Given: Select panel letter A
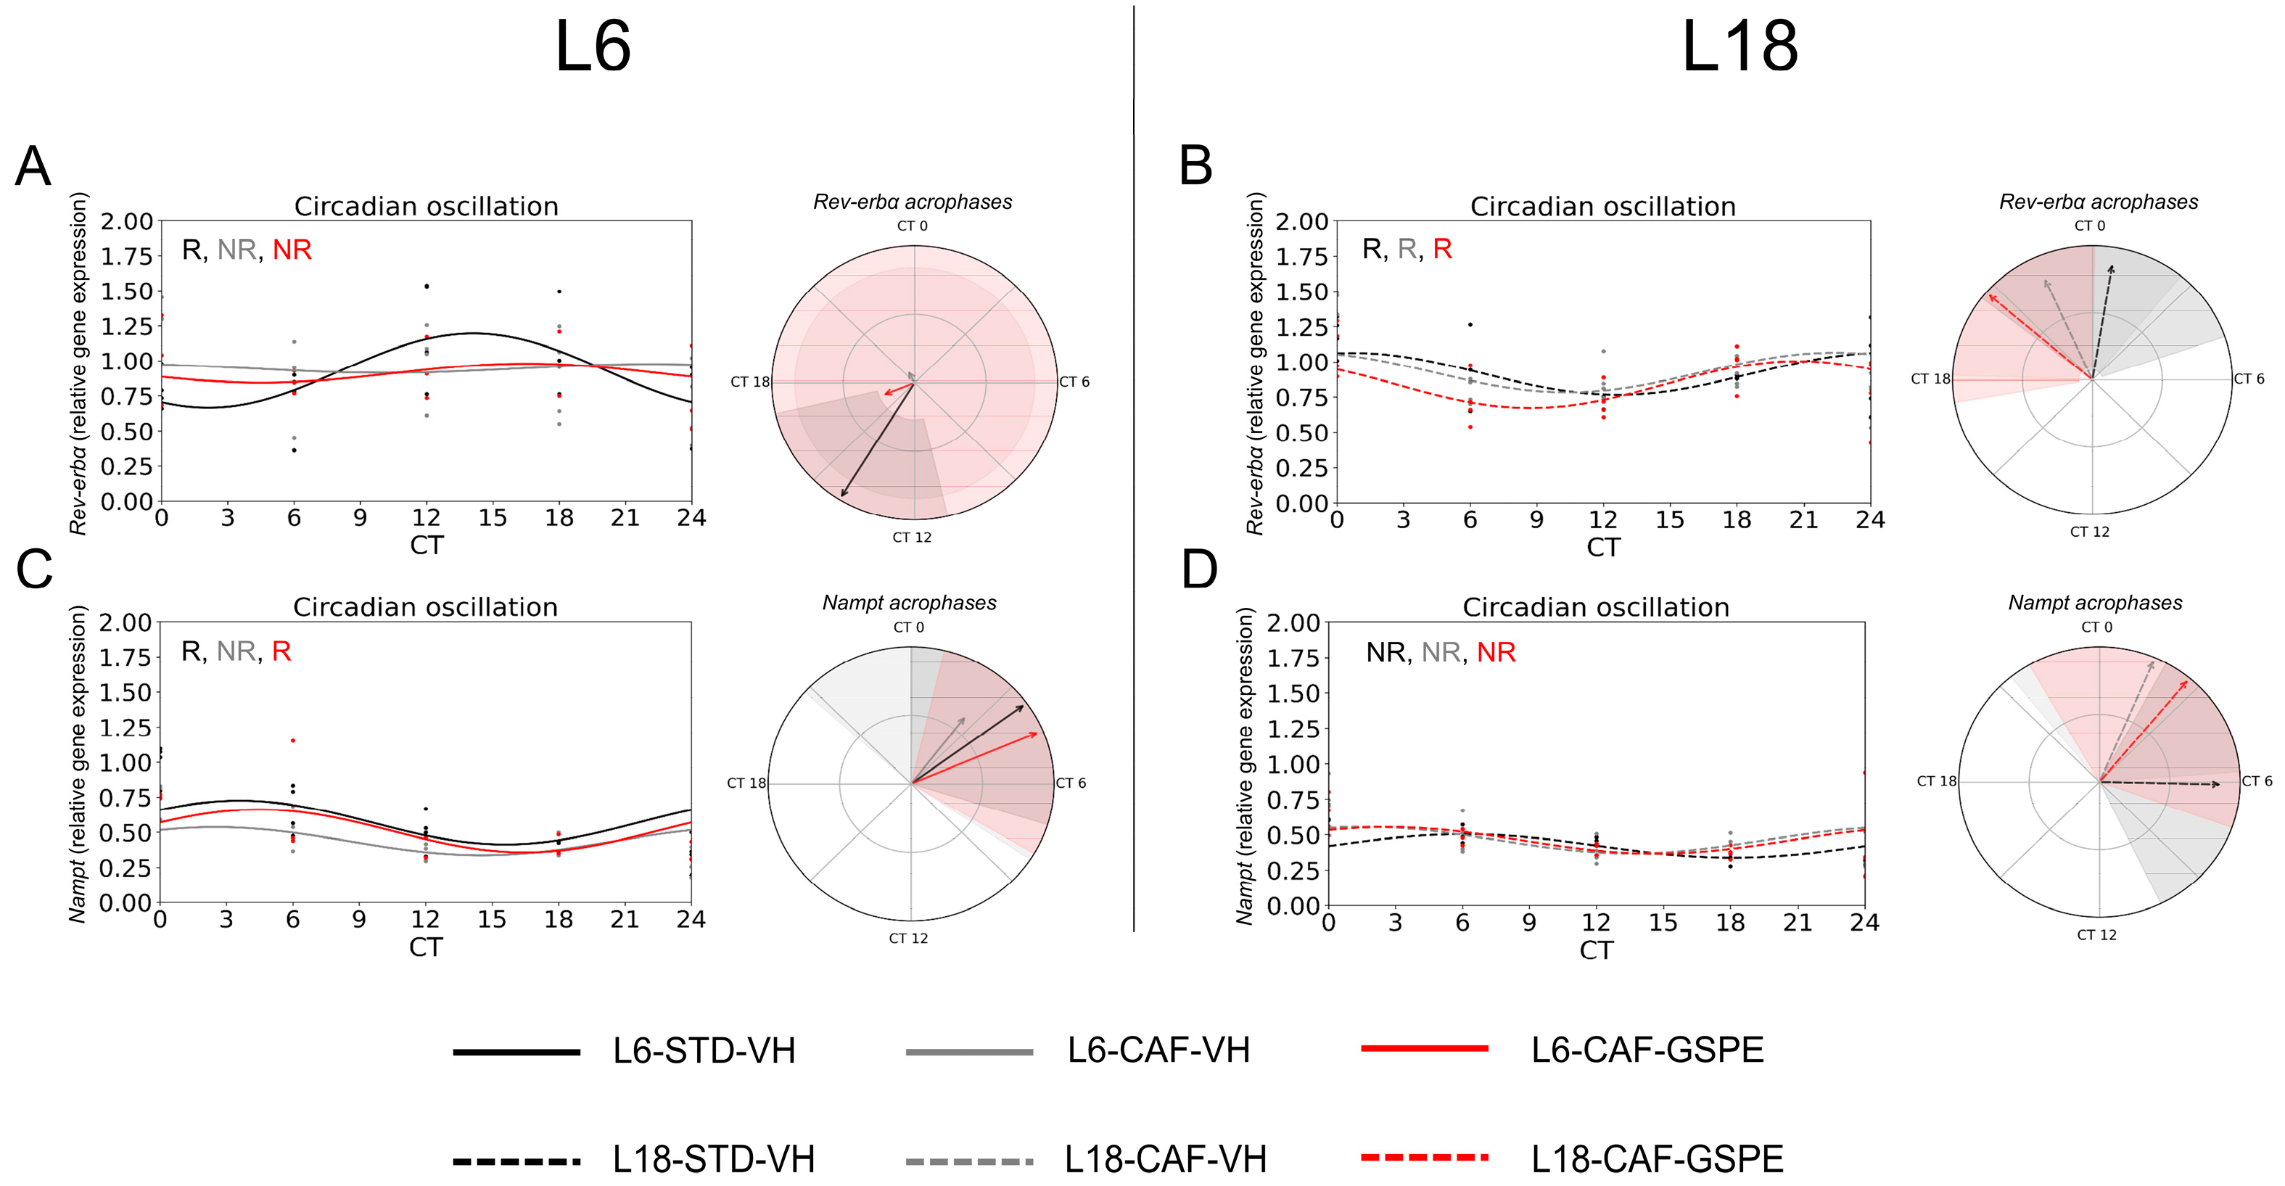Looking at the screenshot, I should (x=33, y=166).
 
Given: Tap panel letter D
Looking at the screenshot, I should (x=1199, y=569).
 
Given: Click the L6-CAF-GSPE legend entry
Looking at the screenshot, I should (x=1647, y=1050).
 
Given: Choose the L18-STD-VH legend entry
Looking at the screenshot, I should (x=713, y=1158).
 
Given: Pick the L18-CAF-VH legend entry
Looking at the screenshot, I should (x=1165, y=1158).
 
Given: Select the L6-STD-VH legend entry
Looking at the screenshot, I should (x=704, y=1050).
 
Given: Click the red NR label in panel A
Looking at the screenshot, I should (x=292, y=250).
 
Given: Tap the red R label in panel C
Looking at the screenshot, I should (x=281, y=652).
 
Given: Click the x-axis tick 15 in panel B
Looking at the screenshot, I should (x=1669, y=520).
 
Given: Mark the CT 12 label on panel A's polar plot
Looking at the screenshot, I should (x=912, y=538).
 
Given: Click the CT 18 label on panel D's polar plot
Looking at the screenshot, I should (x=1936, y=781).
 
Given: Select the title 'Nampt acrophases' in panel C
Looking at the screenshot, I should (x=909, y=604).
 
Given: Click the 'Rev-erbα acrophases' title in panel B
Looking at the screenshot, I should (x=2099, y=202).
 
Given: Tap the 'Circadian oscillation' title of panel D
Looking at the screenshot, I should (x=1596, y=608).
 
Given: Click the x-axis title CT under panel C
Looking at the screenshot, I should (x=426, y=947).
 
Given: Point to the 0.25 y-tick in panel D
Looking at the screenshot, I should (x=1293, y=870).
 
